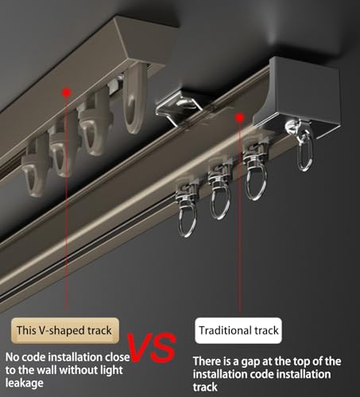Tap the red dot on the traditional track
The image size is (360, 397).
coord(239,118)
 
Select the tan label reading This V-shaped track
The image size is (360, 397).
coord(63,328)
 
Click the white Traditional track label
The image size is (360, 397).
coord(238,330)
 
